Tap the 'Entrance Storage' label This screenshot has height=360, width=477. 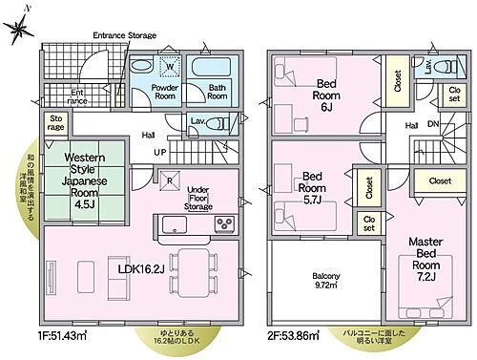click(125, 35)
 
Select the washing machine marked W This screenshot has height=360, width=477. click(172, 66)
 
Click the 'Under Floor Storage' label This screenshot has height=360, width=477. click(197, 197)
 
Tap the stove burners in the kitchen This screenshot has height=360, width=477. click(225, 224)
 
